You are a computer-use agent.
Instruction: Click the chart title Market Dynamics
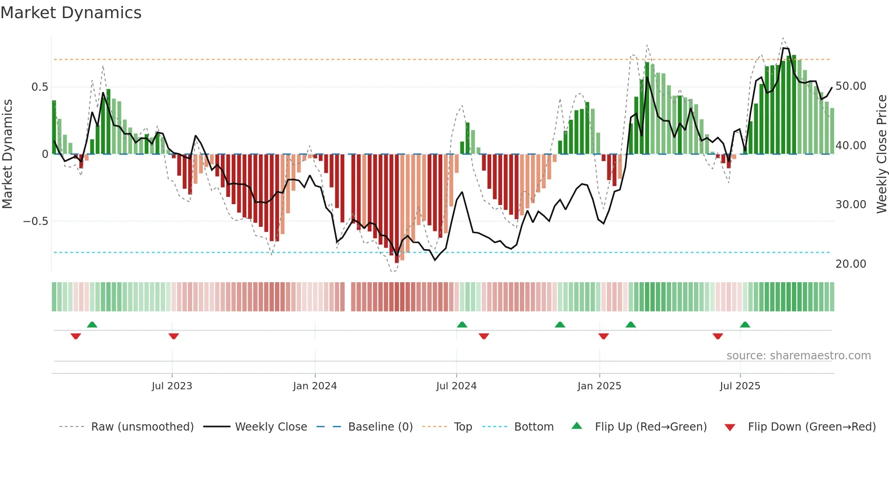[71, 13]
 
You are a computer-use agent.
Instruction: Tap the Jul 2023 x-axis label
[172, 386]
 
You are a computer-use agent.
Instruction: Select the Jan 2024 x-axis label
[315, 386]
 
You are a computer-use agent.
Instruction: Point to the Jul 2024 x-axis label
[456, 386]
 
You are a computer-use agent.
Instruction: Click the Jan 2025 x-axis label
[599, 386]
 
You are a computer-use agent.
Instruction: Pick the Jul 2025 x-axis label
[740, 386]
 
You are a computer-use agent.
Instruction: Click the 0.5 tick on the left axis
[39, 87]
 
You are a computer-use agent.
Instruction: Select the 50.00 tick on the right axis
[850, 86]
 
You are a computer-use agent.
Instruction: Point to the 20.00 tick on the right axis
[850, 264]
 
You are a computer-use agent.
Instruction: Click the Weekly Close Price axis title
[881, 154]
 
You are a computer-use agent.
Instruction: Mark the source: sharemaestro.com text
[798, 356]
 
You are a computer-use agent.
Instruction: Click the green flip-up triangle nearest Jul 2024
[462, 324]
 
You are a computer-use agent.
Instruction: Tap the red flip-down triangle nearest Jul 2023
[174, 336]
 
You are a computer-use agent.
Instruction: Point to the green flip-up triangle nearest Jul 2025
[745, 324]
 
